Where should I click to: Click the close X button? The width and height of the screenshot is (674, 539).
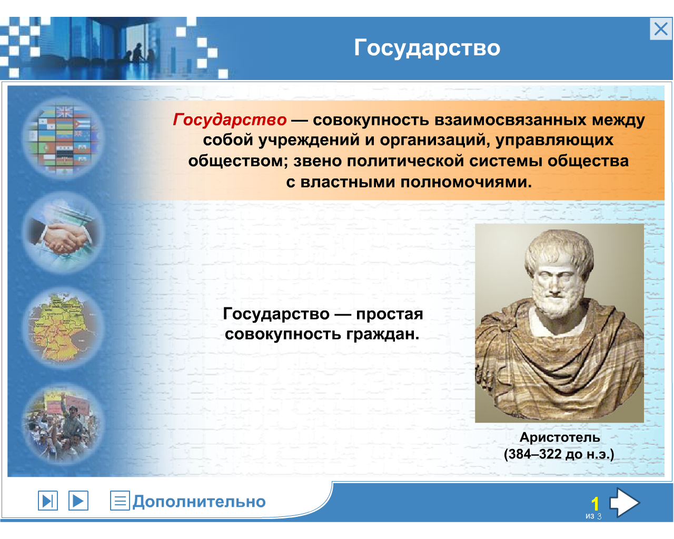tap(660, 29)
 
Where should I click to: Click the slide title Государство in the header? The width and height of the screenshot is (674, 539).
tap(427, 48)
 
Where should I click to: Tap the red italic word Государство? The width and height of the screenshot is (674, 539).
tap(230, 120)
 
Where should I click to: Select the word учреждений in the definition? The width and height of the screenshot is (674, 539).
tap(309, 140)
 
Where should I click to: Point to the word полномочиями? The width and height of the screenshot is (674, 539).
tap(466, 182)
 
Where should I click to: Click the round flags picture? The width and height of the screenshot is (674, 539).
tap(63, 138)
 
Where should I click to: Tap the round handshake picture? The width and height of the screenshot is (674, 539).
tap(63, 233)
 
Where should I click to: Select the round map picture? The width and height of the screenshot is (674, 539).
tap(63, 327)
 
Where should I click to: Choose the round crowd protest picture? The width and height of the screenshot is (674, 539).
tap(63, 423)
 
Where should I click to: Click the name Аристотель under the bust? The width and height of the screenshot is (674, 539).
tap(560, 438)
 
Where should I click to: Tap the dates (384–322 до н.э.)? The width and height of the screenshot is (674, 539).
tap(559, 454)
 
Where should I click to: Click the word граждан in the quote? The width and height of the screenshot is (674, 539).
tap(382, 335)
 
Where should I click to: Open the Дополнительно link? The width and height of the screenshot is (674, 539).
tap(199, 502)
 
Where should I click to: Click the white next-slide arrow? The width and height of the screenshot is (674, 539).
tap(624, 502)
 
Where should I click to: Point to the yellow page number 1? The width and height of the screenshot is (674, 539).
tap(595, 504)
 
